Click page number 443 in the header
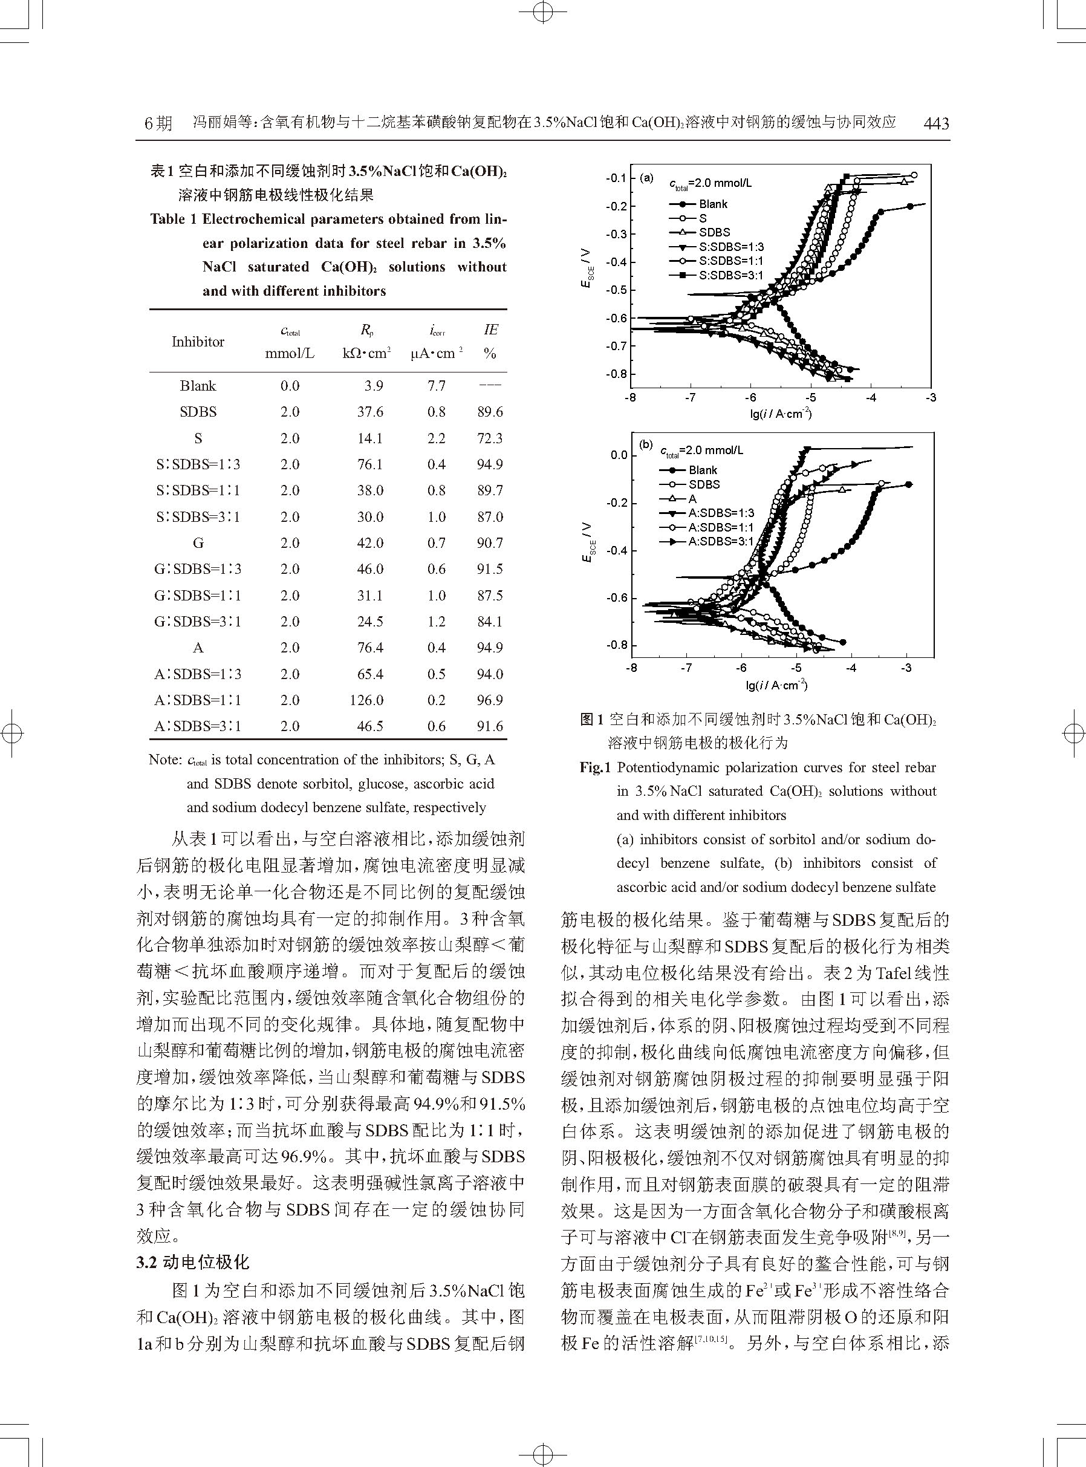[936, 123]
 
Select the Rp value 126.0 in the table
[366, 700]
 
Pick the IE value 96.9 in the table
[490, 700]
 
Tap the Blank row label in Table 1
[198, 386]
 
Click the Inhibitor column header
[198, 342]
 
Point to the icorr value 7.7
[437, 386]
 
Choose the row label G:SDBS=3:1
[198, 621]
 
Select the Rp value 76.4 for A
[369, 648]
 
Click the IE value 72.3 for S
[490, 438]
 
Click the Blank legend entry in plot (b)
[703, 470]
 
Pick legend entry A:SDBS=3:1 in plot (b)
[721, 542]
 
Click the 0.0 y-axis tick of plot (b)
[619, 455]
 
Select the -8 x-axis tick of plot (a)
[631, 398]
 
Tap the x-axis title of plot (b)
[776, 686]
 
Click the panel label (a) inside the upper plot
[646, 177]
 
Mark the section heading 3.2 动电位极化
[193, 1262]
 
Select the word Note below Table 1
[164, 760]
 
